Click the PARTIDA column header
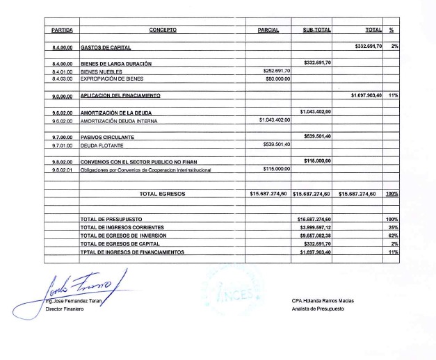point(62,30)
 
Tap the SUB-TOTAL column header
point(316,30)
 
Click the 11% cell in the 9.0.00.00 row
point(393,95)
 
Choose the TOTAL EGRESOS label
point(162,194)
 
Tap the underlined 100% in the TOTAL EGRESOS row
point(392,194)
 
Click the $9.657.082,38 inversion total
point(315,236)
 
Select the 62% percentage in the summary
point(394,236)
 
